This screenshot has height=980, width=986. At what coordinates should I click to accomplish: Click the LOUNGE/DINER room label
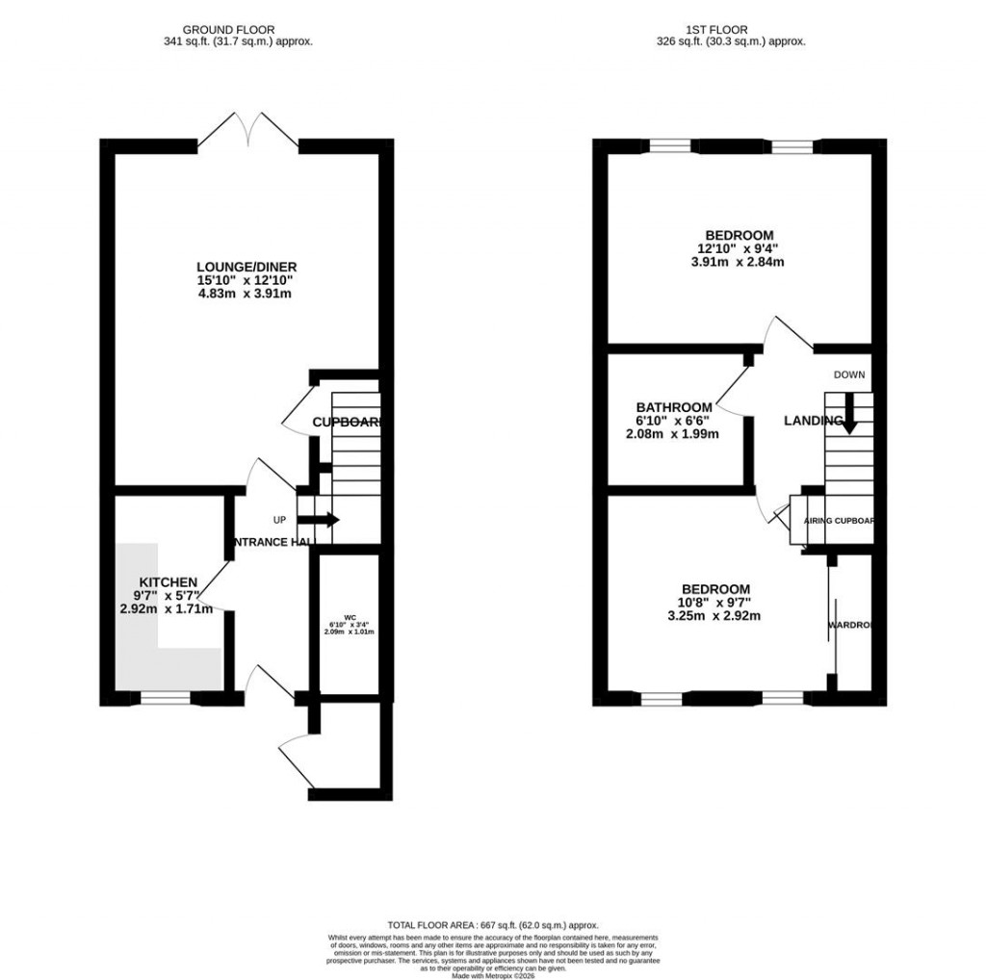(246, 267)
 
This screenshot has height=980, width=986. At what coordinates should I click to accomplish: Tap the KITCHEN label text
(169, 582)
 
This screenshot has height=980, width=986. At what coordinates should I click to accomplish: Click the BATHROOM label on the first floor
(674, 407)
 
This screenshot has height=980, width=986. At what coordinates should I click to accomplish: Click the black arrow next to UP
(324, 520)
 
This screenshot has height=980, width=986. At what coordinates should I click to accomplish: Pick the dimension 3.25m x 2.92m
(714, 616)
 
